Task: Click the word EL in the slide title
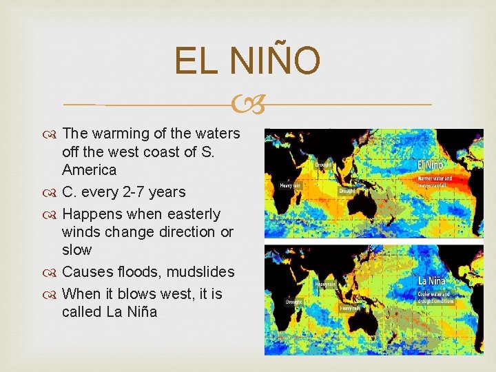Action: coord(196,61)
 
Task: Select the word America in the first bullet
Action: coord(89,169)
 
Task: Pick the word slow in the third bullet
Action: coord(76,249)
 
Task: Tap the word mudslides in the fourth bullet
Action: coord(202,272)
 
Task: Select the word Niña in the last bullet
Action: coord(141,311)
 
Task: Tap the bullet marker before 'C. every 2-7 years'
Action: coord(52,192)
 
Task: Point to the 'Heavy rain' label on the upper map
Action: coord(290,185)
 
